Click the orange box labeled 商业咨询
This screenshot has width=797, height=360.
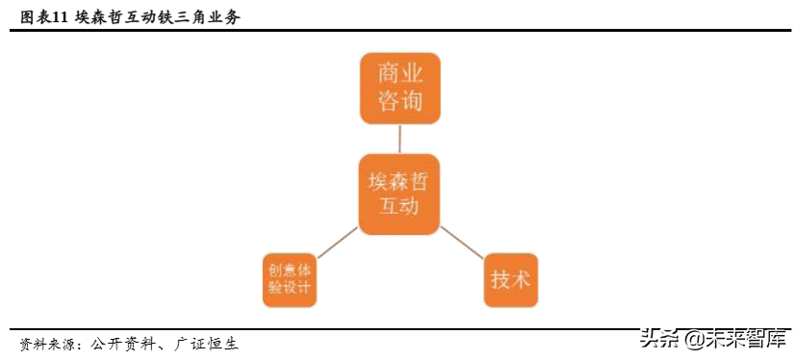tap(400, 89)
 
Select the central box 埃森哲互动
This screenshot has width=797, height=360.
tap(398, 193)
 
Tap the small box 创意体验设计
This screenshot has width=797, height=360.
tap(289, 279)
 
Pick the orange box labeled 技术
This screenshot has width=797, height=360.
tap(511, 280)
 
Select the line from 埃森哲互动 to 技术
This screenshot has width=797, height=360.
tap(462, 244)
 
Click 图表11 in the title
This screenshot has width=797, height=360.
tap(43, 17)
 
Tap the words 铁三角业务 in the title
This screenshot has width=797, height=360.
tap(203, 17)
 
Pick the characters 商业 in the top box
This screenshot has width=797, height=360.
tap(400, 73)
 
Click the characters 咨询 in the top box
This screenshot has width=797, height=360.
tap(400, 102)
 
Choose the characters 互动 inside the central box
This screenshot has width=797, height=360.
tap(398, 208)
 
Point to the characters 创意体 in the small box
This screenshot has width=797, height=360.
tap(289, 270)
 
